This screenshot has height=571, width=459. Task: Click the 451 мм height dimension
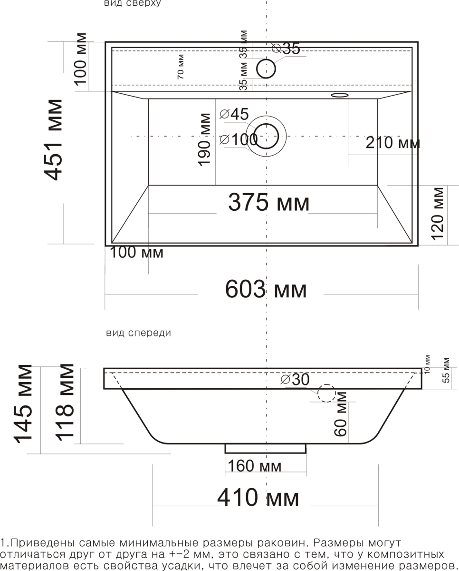pyautogui.click(x=53, y=140)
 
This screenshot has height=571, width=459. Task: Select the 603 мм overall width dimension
pyautogui.click(x=266, y=289)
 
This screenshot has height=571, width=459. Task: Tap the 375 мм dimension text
pyautogui.click(x=269, y=202)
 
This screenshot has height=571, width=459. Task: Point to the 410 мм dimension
pyautogui.click(x=258, y=497)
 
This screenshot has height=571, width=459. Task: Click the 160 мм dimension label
pyautogui.click(x=254, y=466)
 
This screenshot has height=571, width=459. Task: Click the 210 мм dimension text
pyautogui.click(x=393, y=143)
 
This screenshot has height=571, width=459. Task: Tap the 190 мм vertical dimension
pyautogui.click(x=204, y=140)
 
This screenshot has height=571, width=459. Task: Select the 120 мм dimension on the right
pyautogui.click(x=437, y=214)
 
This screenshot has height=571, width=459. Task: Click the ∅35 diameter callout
pyautogui.click(x=286, y=48)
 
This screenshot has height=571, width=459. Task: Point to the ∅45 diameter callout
pyautogui.click(x=234, y=114)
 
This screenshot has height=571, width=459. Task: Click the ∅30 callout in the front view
pyautogui.click(x=295, y=379)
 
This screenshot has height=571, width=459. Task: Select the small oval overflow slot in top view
pyautogui.click(x=340, y=95)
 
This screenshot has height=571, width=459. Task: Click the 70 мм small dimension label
pyautogui.click(x=181, y=67)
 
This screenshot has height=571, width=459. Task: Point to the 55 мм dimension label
pyautogui.click(x=447, y=370)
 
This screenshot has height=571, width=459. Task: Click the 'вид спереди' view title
pyautogui.click(x=139, y=333)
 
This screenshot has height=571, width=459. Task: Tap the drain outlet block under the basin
pyautogui.click(x=266, y=449)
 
